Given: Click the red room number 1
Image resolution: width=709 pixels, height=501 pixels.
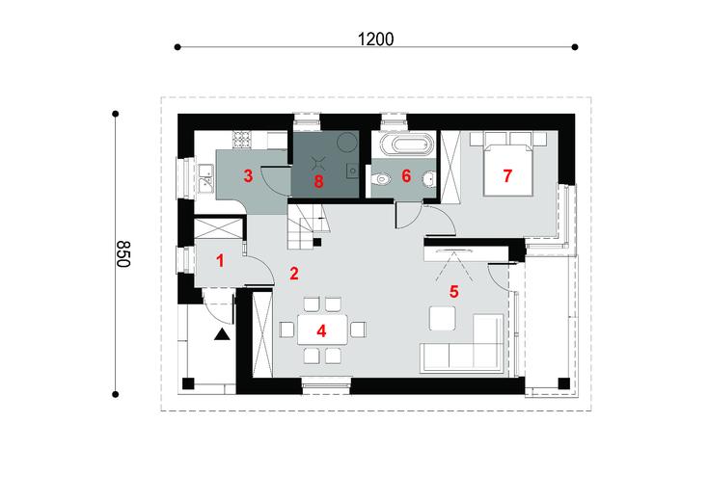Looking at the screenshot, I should pyautogui.click(x=220, y=259).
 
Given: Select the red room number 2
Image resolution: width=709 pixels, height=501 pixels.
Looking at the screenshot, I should pyautogui.click(x=292, y=274).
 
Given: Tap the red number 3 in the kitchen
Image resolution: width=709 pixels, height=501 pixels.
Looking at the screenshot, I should pyautogui.click(x=248, y=175).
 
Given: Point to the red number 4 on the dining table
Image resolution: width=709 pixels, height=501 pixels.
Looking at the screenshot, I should pyautogui.click(x=320, y=330).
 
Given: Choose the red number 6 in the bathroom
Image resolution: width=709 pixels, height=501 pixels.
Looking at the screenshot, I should pyautogui.click(x=406, y=175).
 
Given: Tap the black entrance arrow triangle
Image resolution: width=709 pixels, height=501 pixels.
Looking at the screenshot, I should pyautogui.click(x=222, y=334).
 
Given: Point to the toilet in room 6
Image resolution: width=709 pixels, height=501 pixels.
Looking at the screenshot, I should pyautogui.click(x=381, y=177).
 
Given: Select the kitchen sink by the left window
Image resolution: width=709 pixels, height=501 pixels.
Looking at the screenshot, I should pyautogui.click(x=205, y=179).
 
